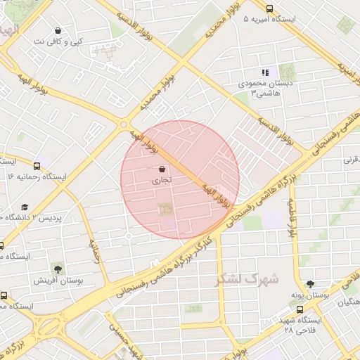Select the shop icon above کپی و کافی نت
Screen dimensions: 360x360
(x=57, y=31)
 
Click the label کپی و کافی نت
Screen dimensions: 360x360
(x=58, y=42)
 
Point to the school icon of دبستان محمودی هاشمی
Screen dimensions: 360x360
(x=265, y=72)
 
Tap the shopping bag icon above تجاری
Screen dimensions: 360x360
(x=162, y=169)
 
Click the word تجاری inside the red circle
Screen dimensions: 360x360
(x=162, y=181)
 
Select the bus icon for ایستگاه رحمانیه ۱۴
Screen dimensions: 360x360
(x=37, y=166)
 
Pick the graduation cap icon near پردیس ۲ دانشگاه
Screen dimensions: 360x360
(x=25, y=207)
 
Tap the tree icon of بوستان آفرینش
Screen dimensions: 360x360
(x=56, y=269)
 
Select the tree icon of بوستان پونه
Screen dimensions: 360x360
(x=310, y=285)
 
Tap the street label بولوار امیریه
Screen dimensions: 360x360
(x=344, y=67)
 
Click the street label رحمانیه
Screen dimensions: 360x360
(x=94, y=250)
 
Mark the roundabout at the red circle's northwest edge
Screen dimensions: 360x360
(x=124, y=124)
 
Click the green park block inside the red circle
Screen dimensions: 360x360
(x=165, y=210)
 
